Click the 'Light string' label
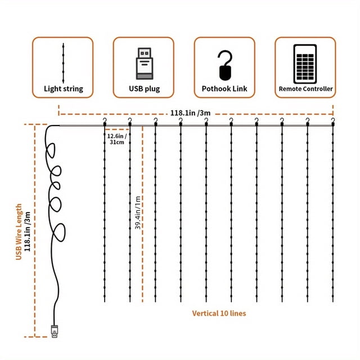click(64, 89)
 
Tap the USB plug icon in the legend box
click(145, 64)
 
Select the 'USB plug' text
click(144, 89)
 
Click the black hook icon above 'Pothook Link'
click(225, 65)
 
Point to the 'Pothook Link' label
click(224, 89)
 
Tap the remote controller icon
click(305, 64)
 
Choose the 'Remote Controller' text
click(305, 89)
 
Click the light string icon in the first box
click(64, 63)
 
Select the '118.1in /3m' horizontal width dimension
click(190, 113)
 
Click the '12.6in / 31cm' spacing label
click(117, 139)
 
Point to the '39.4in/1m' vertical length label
click(138, 213)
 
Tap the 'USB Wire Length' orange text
click(19, 232)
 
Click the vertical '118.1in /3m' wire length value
click(28, 231)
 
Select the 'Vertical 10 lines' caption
click(219, 313)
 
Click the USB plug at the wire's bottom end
click(55, 331)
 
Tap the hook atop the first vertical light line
click(105, 121)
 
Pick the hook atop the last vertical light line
click(333, 121)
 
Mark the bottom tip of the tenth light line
click(333, 301)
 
